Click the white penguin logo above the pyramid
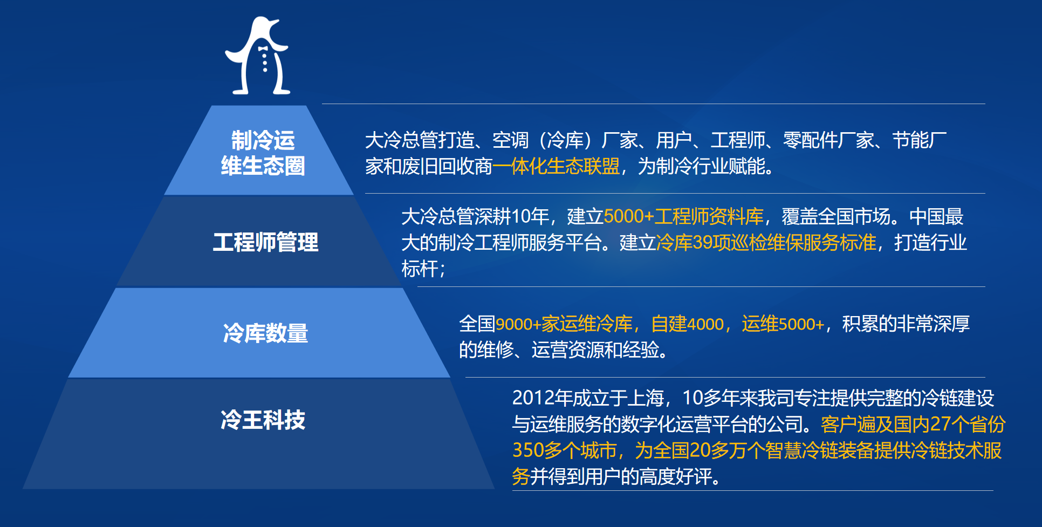click(x=258, y=57)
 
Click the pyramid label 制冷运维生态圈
click(x=263, y=153)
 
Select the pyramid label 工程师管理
click(x=265, y=242)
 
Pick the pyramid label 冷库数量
click(x=265, y=333)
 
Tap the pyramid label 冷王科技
click(x=263, y=420)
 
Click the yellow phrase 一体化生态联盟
click(x=556, y=166)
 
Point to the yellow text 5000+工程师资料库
click(x=683, y=216)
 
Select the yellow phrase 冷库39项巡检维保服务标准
click(x=766, y=243)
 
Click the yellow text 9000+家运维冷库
click(x=564, y=324)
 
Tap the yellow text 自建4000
click(x=687, y=324)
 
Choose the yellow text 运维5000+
click(x=783, y=324)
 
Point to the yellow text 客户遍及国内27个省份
click(x=913, y=425)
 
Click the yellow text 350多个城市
click(x=564, y=450)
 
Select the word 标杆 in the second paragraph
click(x=420, y=269)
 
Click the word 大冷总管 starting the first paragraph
click(x=401, y=140)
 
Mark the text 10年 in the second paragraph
click(x=530, y=216)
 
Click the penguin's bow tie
click(x=263, y=49)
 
